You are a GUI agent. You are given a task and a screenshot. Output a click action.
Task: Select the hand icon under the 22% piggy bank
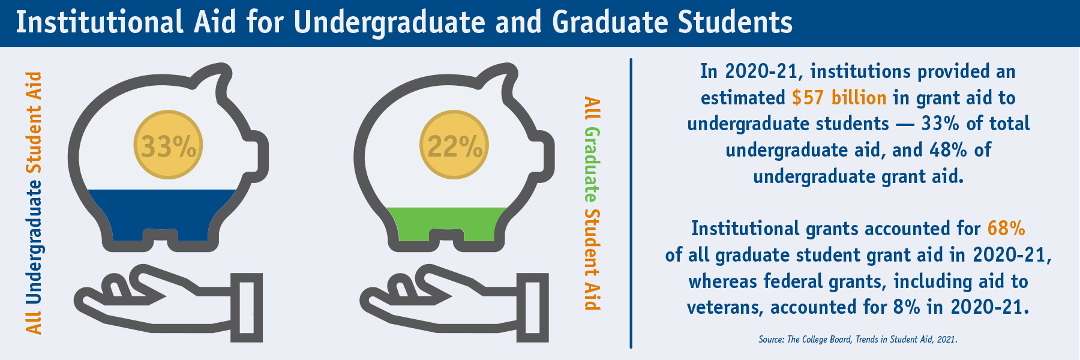pyautogui.click(x=455, y=303)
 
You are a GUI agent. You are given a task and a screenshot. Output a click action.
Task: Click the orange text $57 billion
pyautogui.click(x=839, y=97)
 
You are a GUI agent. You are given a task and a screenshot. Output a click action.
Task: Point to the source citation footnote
pyautogui.click(x=857, y=340)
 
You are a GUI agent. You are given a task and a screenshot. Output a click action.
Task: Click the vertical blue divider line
pyautogui.click(x=631, y=203)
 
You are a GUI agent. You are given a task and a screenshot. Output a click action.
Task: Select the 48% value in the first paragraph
pyautogui.click(x=948, y=149)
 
